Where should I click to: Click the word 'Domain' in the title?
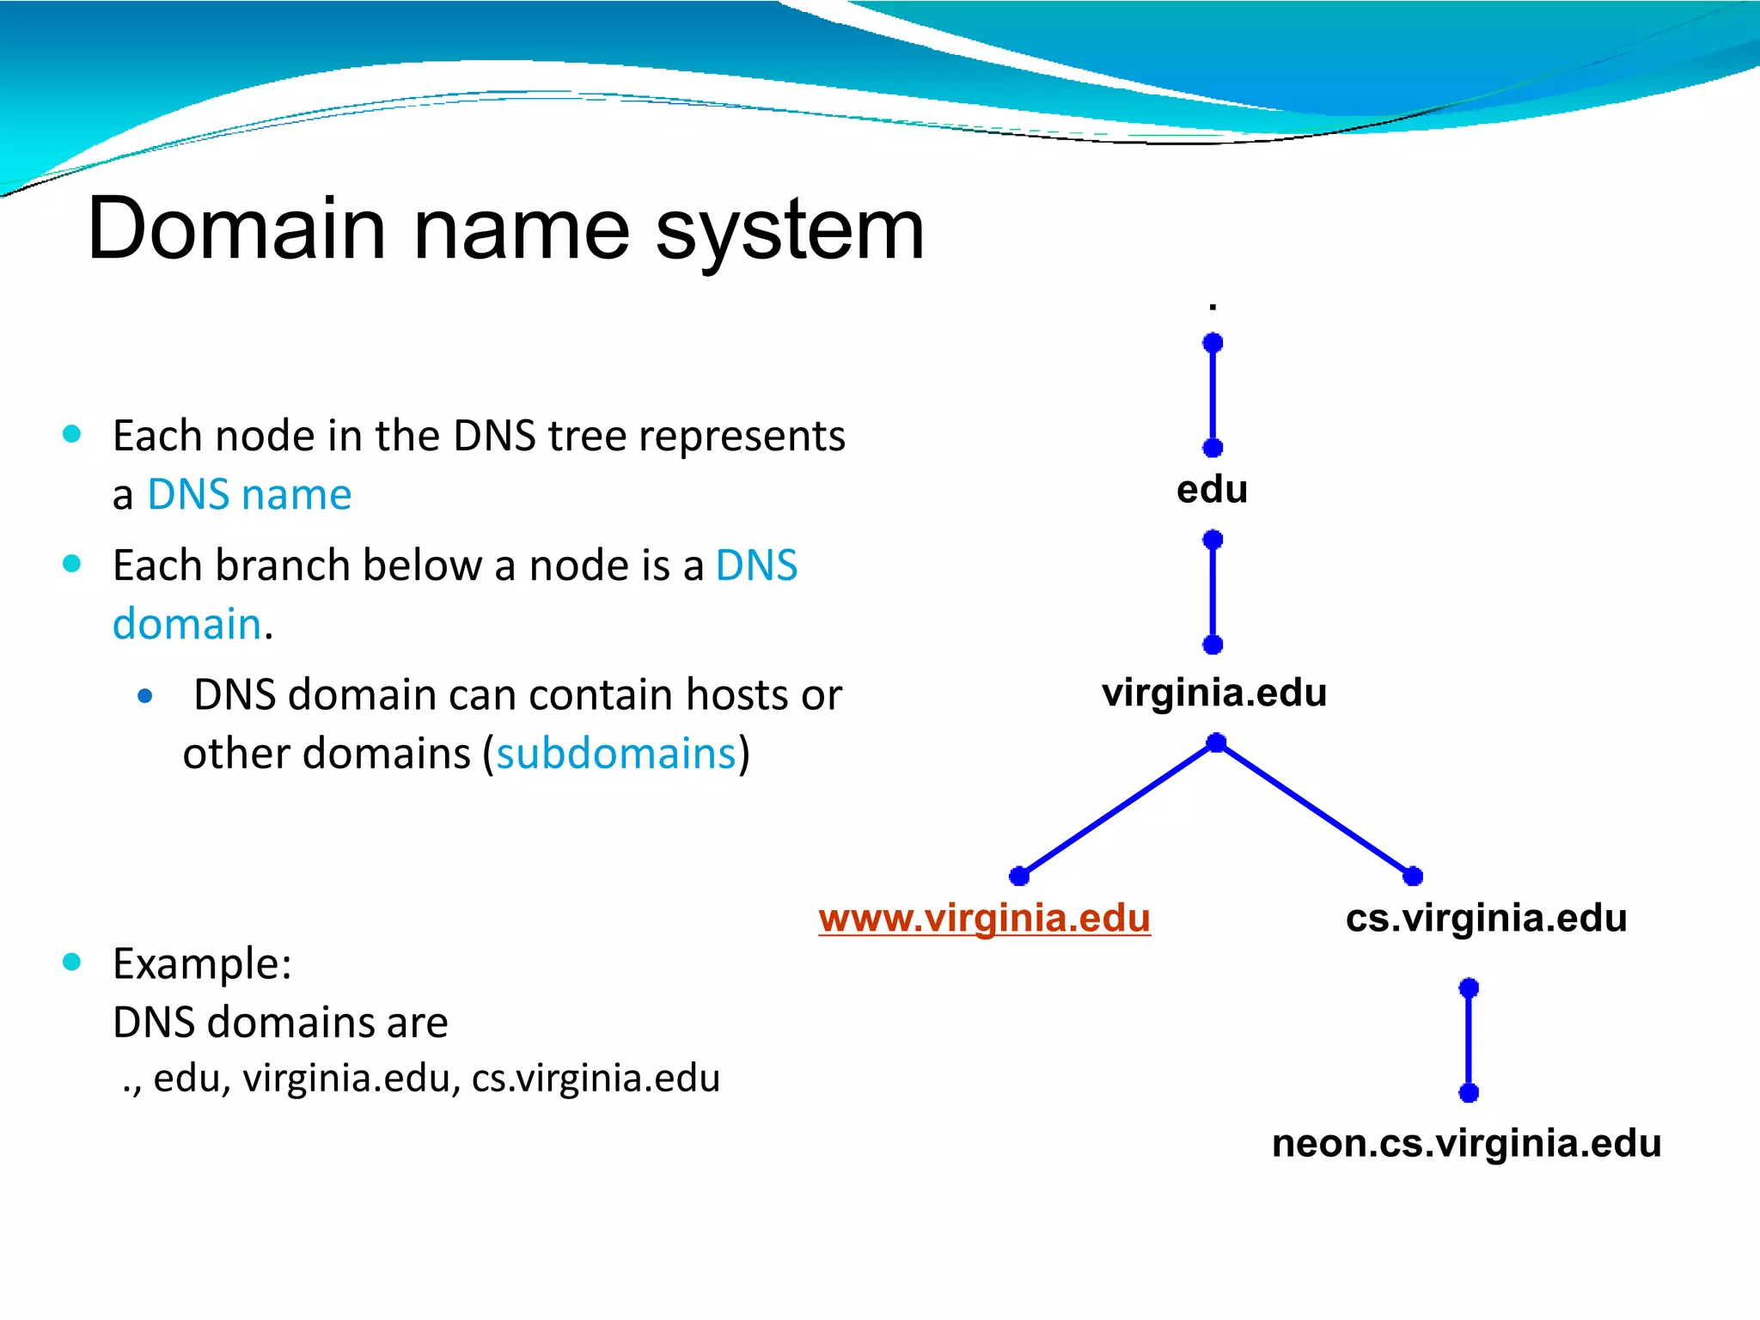tap(236, 229)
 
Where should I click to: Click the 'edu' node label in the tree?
tap(1212, 490)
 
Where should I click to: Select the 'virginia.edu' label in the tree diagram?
tap(1214, 693)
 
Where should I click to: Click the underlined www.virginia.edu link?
tap(984, 918)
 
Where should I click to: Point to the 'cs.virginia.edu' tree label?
tap(1486, 918)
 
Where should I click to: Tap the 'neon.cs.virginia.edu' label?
tap(1466, 1144)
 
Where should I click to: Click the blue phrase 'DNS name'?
tap(249, 495)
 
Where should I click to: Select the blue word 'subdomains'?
tap(616, 754)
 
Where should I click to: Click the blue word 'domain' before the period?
tap(186, 624)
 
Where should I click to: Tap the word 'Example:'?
tap(202, 963)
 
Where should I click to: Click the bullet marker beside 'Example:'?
tap(72, 962)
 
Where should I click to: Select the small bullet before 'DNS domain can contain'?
tap(145, 696)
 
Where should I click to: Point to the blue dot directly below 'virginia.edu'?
tap(1216, 742)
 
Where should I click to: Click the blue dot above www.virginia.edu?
tap(1019, 876)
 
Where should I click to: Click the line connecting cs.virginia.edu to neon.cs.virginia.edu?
tap(1469, 1040)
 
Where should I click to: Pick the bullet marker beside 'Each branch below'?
tap(72, 564)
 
